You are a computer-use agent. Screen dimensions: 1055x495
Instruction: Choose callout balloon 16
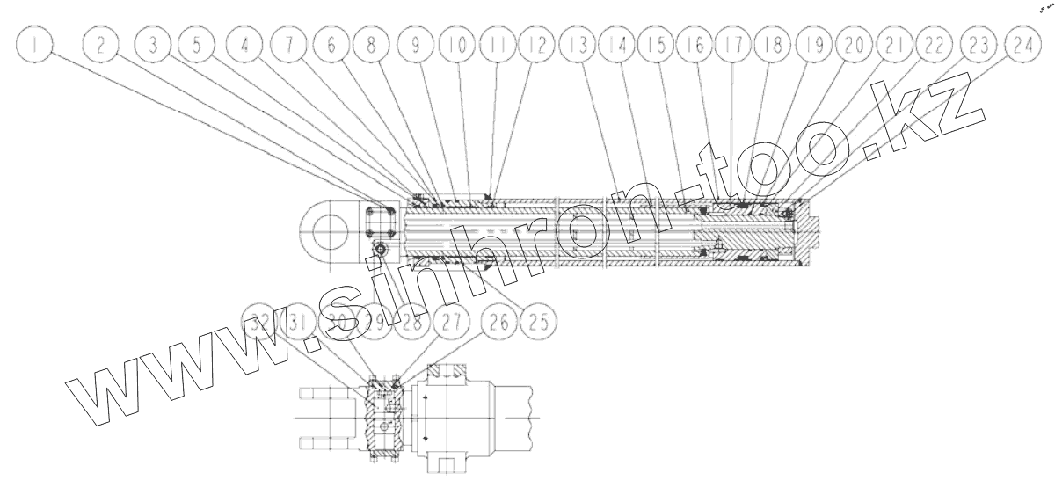point(695,46)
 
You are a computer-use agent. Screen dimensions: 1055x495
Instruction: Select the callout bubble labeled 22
point(934,46)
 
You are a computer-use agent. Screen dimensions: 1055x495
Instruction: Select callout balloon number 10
point(453,46)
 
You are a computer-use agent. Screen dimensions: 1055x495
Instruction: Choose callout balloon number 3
point(156,46)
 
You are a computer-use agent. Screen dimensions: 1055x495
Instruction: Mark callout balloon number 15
point(656,46)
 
